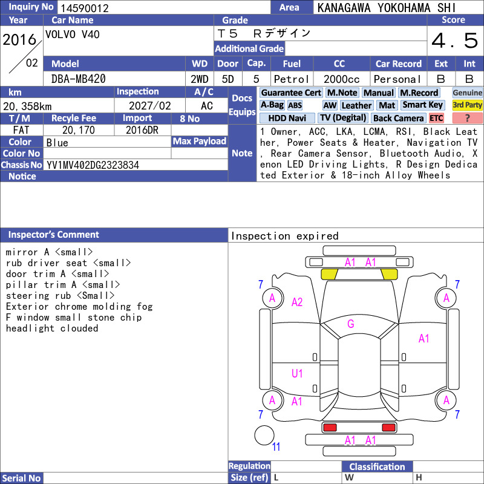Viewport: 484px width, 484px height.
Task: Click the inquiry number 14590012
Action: pyautogui.click(x=85, y=8)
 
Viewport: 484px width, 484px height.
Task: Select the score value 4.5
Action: pyautogui.click(x=454, y=41)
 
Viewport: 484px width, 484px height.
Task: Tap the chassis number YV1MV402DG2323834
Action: pyautogui.click(x=93, y=165)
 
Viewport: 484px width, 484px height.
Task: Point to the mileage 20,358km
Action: pyautogui.click(x=27, y=106)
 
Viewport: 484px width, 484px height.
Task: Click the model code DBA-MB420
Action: pyautogui.click(x=79, y=79)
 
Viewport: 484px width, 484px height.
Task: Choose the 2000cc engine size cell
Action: pyautogui.click(x=341, y=79)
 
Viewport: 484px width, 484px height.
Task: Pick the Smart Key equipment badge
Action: pyautogui.click(x=422, y=105)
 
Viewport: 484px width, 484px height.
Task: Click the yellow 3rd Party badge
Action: pyautogui.click(x=467, y=105)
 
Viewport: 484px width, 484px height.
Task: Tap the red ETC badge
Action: pyautogui.click(x=436, y=118)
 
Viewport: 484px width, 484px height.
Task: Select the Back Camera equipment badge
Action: pyautogui.click(x=398, y=118)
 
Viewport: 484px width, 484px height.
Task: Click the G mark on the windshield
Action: pyautogui.click(x=351, y=324)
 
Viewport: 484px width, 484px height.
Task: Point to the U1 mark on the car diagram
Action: pyautogui.click(x=297, y=373)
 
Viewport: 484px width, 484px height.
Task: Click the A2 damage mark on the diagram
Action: pyautogui.click(x=297, y=302)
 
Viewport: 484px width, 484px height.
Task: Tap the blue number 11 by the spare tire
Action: pyautogui.click(x=276, y=446)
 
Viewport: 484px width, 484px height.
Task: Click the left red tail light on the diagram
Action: pyautogui.click(x=330, y=428)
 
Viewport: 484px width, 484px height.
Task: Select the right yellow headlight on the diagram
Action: pyautogui.click(x=389, y=274)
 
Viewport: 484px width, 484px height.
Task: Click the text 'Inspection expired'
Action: pyautogui.click(x=284, y=236)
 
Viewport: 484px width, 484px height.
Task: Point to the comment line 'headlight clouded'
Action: pyautogui.click(x=52, y=328)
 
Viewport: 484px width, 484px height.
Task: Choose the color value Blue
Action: pyautogui.click(x=57, y=143)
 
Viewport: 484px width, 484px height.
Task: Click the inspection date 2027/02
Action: pyautogui.click(x=149, y=106)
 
